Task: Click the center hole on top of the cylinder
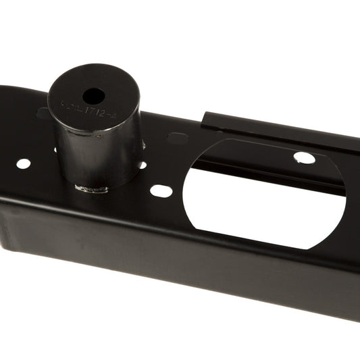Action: click(94, 96)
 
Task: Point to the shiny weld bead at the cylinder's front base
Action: click(91, 188)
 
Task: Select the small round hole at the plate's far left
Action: click(23, 163)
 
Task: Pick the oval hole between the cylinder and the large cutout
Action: click(161, 190)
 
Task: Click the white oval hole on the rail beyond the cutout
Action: click(304, 157)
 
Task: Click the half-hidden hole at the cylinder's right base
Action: click(142, 165)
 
